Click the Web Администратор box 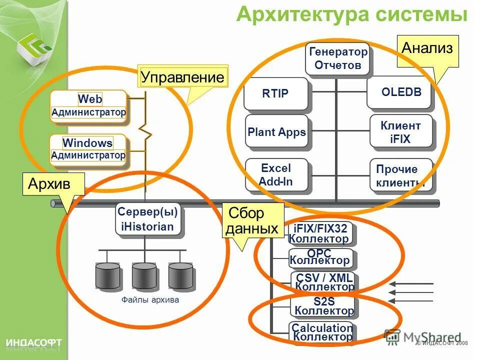[x=88, y=106]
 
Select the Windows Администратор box [x=88, y=149]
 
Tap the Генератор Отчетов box [x=338, y=58]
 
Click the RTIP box [x=275, y=93]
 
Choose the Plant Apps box [x=276, y=132]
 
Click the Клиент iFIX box [x=400, y=132]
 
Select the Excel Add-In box [x=276, y=174]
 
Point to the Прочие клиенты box [x=400, y=175]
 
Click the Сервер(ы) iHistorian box [x=147, y=219]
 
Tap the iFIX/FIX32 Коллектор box [x=320, y=233]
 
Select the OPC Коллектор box [x=320, y=257]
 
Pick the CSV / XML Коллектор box [x=323, y=281]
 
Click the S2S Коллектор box [x=323, y=305]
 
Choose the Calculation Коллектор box [x=322, y=332]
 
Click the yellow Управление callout [x=182, y=77]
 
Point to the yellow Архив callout [x=53, y=184]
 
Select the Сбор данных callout [x=252, y=220]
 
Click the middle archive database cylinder [x=144, y=275]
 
